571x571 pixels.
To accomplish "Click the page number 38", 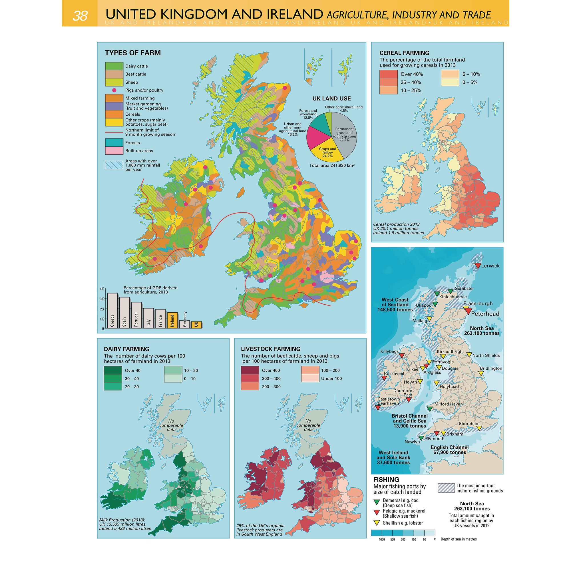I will click(x=80, y=16).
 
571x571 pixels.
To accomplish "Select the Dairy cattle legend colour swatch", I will click(x=114, y=66).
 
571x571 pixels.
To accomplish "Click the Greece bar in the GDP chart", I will click(x=112, y=310).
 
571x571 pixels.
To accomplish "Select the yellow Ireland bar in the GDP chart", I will click(x=172, y=320).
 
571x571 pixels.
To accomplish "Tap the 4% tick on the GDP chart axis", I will click(x=102, y=289).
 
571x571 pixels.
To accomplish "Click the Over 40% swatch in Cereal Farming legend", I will click(x=388, y=74).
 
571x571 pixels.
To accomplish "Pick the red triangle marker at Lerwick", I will click(x=478, y=266).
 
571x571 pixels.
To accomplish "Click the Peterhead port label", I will click(x=485, y=314).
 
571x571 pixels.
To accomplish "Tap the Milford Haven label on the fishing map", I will click(x=448, y=404).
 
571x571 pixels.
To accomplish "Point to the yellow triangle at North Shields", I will click(x=469, y=355).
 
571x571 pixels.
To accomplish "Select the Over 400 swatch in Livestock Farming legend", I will click(x=250, y=370).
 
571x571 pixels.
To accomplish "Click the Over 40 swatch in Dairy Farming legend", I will click(x=113, y=370).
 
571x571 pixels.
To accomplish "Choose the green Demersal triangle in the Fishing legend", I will click(x=377, y=502).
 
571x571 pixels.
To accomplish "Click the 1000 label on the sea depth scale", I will click(x=382, y=539).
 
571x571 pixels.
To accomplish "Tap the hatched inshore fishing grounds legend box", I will click(x=446, y=488).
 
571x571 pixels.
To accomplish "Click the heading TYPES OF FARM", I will click(x=133, y=53).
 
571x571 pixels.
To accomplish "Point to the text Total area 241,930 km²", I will click(x=331, y=165).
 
